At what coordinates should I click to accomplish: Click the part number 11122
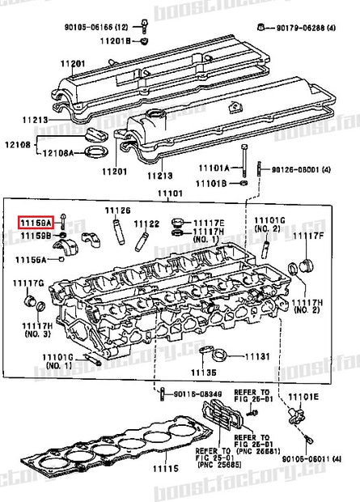tap(146, 223)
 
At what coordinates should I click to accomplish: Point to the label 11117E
tap(209, 222)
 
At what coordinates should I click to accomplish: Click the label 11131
tap(256, 356)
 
